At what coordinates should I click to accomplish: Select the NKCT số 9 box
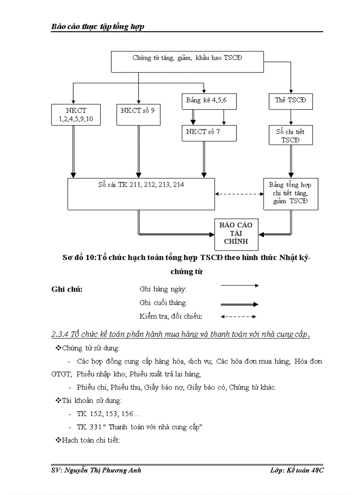tap(138, 114)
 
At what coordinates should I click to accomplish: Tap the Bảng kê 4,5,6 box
tap(209, 101)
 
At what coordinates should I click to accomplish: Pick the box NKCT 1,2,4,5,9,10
tap(75, 115)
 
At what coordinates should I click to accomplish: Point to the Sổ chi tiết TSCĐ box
tap(291, 135)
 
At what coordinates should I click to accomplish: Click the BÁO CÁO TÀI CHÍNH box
tap(236, 234)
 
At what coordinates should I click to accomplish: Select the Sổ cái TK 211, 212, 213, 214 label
tap(141, 185)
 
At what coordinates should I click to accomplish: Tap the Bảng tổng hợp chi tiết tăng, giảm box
tap(291, 194)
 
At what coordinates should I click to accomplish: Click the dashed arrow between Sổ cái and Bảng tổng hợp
tap(239, 194)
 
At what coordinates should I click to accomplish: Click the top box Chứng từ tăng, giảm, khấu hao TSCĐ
tap(187, 61)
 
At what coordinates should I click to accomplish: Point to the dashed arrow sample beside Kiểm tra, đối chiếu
tap(238, 316)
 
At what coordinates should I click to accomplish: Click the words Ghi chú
tap(67, 290)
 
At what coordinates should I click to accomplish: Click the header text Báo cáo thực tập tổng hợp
tap(97, 27)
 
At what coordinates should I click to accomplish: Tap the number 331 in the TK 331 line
tap(95, 427)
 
